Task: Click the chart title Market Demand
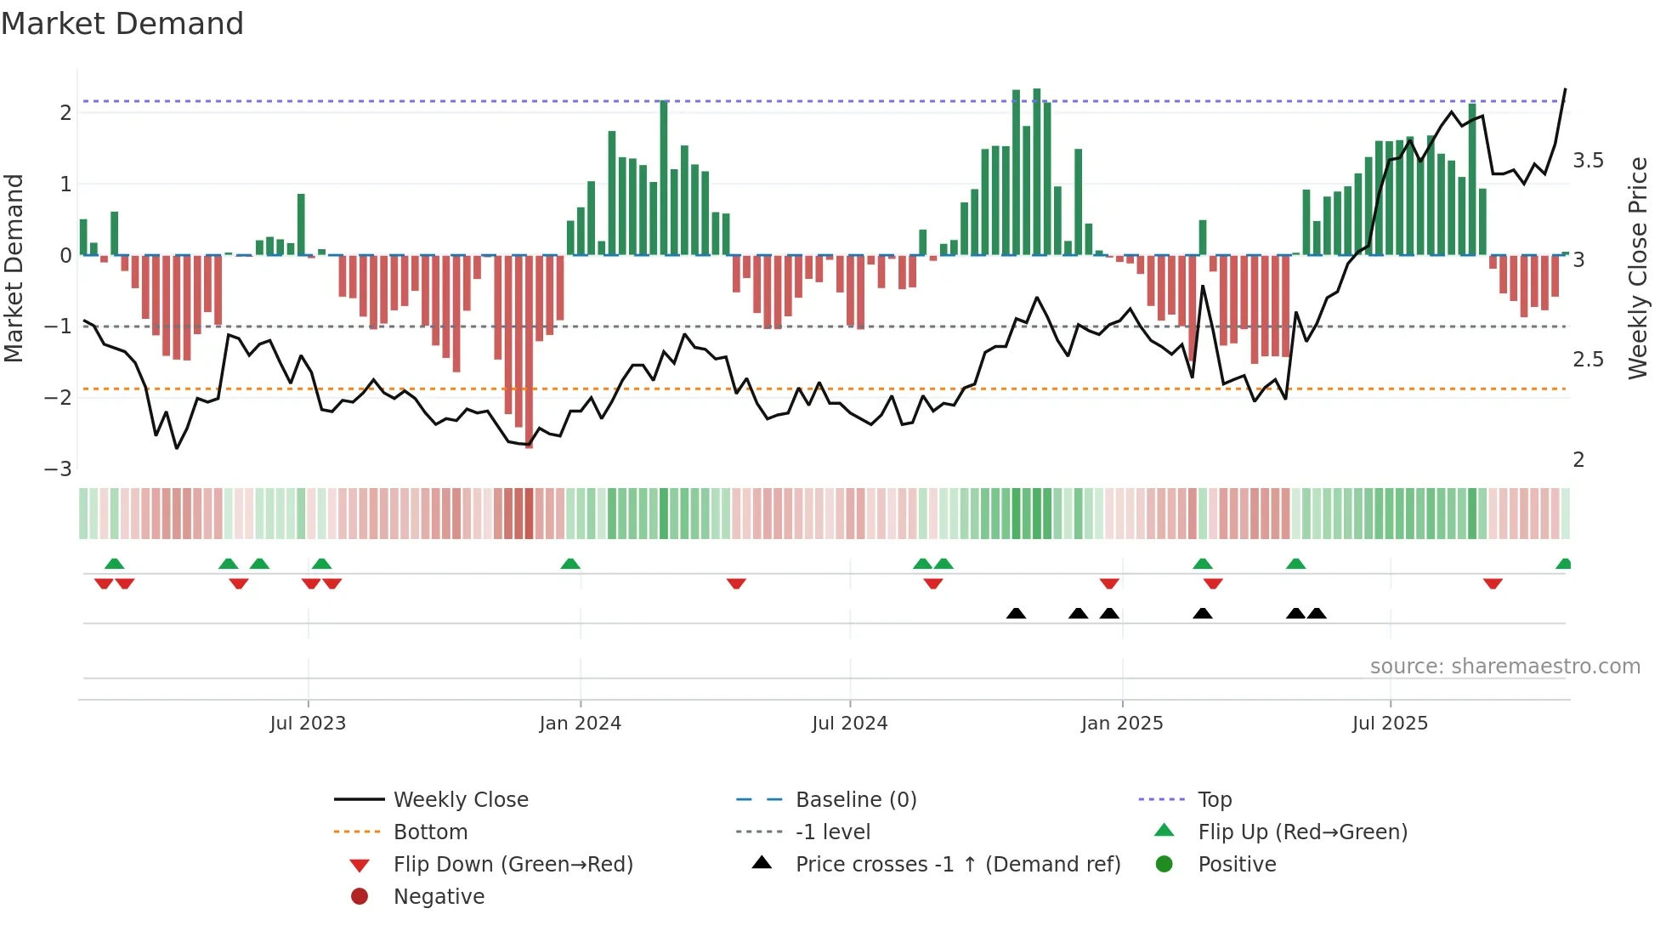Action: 122,24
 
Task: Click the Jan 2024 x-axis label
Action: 580,724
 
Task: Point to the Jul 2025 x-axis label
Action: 1390,724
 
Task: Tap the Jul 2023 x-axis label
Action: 308,724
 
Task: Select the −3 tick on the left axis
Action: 58,469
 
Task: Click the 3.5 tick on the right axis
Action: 1588,161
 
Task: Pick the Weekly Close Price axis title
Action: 1637,268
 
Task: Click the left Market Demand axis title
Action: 14,268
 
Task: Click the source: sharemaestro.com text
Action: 1504,667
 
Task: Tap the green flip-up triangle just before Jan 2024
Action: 570,564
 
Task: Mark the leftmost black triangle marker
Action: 1016,613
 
